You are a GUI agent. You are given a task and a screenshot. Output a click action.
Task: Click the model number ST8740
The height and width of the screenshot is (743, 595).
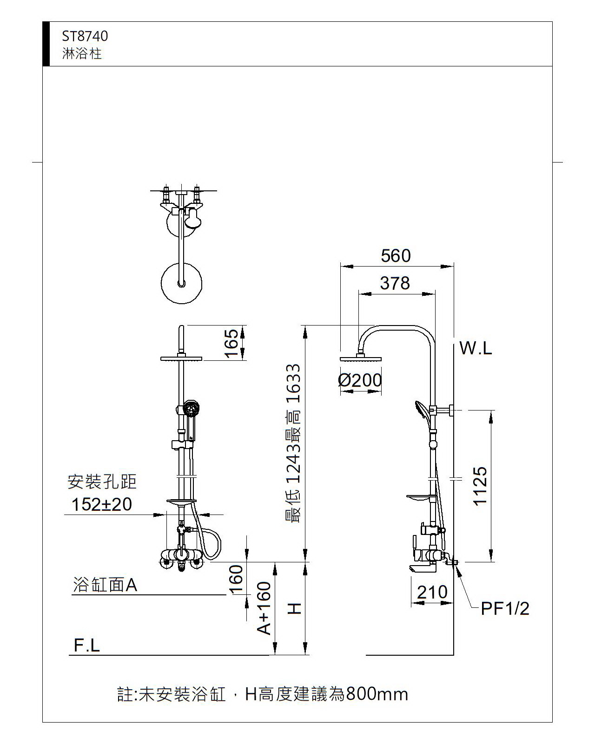click(x=85, y=36)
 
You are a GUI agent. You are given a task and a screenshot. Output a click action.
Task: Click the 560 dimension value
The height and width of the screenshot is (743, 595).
click(x=396, y=256)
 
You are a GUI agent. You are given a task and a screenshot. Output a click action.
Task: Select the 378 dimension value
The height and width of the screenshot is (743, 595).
click(x=395, y=283)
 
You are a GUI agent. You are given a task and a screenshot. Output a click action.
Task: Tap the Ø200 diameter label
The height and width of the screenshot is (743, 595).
click(x=360, y=380)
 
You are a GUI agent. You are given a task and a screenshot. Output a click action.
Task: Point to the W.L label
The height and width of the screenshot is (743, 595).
click(x=476, y=348)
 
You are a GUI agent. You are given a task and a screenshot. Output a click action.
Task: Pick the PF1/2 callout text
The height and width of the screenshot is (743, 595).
click(x=505, y=608)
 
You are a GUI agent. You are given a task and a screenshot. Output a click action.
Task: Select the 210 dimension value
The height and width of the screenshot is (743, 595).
click(x=432, y=593)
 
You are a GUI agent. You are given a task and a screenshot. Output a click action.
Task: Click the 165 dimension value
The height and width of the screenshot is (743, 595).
click(x=231, y=343)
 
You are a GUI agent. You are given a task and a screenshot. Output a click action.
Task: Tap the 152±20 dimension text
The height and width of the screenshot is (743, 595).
click(x=102, y=504)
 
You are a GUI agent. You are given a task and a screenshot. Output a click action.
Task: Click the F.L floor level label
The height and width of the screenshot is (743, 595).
click(x=87, y=645)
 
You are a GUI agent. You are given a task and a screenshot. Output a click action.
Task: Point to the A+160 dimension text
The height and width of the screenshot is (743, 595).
click(x=264, y=608)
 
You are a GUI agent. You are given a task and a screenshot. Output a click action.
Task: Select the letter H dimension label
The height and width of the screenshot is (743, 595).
click(x=295, y=608)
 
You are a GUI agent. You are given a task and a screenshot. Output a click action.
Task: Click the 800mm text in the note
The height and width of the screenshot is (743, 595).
click(x=377, y=694)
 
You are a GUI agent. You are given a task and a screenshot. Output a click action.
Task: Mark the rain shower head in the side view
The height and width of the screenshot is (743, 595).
click(x=361, y=358)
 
